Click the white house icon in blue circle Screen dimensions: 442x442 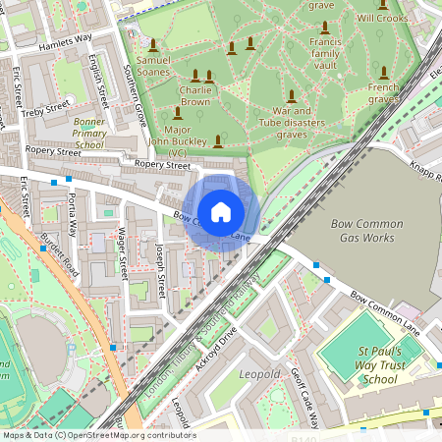pos(221,211)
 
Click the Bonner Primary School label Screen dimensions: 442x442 pos(88,132)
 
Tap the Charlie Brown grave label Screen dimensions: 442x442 pos(195,95)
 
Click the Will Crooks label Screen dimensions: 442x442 pos(381,18)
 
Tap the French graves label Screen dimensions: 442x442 pos(383,93)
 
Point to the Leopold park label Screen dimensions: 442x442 pos(259,374)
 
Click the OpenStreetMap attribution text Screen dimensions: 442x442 pos(98,435)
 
